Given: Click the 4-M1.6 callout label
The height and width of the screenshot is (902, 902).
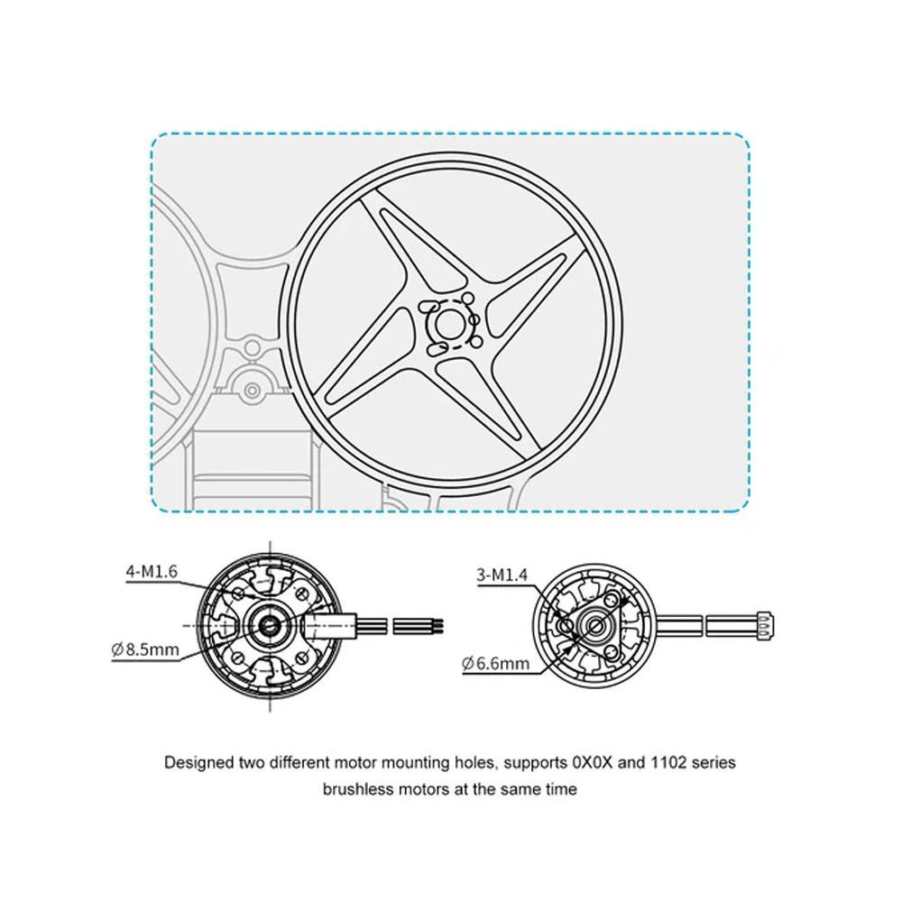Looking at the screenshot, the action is click(x=152, y=571).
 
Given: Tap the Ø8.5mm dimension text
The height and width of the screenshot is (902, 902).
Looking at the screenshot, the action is click(x=145, y=650).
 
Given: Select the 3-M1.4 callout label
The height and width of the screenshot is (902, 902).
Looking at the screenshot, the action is click(x=502, y=574).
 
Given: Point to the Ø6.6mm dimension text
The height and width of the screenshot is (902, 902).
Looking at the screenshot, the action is click(x=495, y=663).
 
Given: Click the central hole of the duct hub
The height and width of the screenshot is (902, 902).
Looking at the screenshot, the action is click(x=448, y=323).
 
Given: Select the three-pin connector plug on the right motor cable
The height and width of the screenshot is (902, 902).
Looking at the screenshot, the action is click(x=765, y=624).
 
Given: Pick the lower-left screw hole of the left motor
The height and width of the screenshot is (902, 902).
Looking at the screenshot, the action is click(x=237, y=657).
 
